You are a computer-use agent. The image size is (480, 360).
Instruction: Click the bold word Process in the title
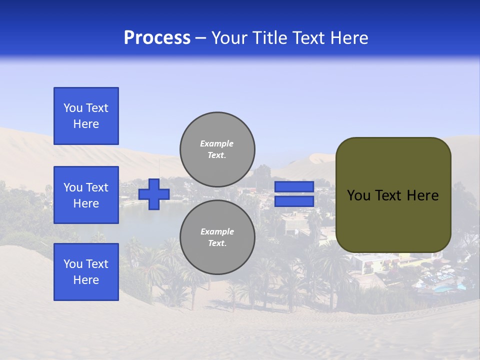(157, 38)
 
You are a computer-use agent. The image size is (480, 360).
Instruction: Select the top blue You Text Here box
(86, 116)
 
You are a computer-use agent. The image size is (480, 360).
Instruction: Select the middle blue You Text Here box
(86, 195)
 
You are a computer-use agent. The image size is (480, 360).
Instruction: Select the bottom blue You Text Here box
(86, 272)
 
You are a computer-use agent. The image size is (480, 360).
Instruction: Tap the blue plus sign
(153, 194)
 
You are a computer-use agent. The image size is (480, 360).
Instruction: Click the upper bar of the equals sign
(294, 186)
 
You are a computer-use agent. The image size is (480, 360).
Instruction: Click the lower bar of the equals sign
(294, 201)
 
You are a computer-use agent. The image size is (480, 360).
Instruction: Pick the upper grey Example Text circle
(217, 149)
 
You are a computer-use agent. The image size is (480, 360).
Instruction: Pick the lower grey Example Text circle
(217, 237)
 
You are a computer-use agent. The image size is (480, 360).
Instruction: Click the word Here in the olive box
(422, 195)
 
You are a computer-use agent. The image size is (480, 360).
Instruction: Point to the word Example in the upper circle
(216, 143)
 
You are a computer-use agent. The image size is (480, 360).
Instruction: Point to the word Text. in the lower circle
(217, 243)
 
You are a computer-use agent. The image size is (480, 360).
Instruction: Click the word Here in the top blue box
(86, 124)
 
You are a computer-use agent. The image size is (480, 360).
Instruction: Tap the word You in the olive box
(358, 195)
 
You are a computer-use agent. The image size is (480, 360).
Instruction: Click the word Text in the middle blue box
(96, 187)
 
